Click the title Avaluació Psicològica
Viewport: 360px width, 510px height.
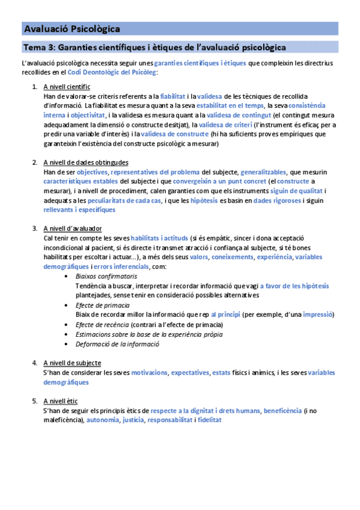pyautogui.click(x=72, y=29)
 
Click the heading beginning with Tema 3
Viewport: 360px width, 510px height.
pyautogui.click(x=154, y=47)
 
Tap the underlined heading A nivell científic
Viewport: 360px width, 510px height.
pyautogui.click(x=67, y=87)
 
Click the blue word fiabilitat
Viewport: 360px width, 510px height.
pyautogui.click(x=173, y=96)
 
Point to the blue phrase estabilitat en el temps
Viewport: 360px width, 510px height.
pyautogui.click(x=229, y=105)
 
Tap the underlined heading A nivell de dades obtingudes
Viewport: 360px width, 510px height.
pyautogui.click(x=85, y=162)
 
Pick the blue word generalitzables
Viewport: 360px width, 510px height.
pyautogui.click(x=263, y=172)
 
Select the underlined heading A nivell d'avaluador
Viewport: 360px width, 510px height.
pyautogui.click(x=72, y=229)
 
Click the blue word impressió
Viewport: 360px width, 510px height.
pyautogui.click(x=319, y=315)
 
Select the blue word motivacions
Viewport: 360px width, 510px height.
pyautogui.click(x=149, y=372)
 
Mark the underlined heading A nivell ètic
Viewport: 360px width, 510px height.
pyautogui.click(x=60, y=401)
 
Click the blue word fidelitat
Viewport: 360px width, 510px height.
pyautogui.click(x=210, y=420)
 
